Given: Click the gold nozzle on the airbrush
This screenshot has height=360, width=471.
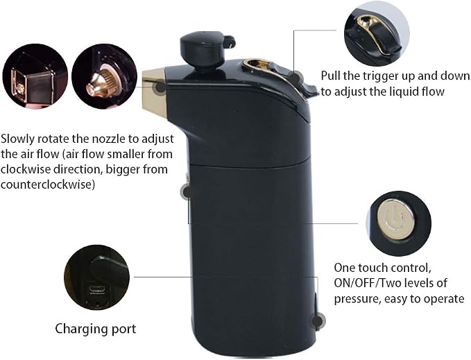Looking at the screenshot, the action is click(154, 92).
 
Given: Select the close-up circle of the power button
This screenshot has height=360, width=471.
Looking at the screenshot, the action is click(398, 223).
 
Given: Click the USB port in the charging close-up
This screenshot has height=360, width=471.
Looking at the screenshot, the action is click(96, 290).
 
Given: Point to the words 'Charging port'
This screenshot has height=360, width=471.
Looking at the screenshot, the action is click(96, 329).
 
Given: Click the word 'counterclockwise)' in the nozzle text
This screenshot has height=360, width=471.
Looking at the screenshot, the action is click(48, 184).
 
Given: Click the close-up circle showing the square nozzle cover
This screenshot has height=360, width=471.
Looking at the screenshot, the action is click(35, 76).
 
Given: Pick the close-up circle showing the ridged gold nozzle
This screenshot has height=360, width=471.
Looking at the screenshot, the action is click(104, 76).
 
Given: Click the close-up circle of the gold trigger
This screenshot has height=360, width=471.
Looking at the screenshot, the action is click(377, 33).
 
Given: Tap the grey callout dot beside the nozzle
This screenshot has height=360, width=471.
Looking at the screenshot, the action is click(160, 88).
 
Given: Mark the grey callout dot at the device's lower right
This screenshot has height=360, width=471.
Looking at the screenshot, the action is click(318, 320).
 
